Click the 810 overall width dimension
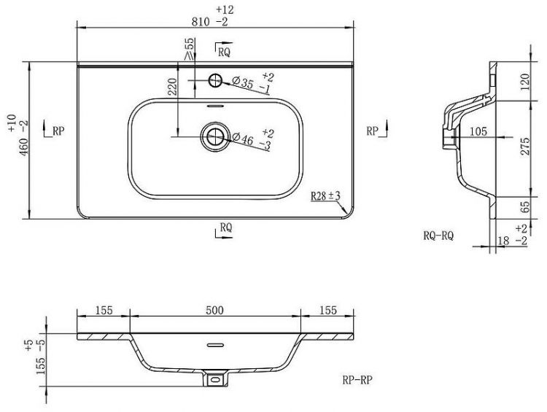tap(201, 22)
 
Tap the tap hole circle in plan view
tap(215, 80)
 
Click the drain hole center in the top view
tap(215, 137)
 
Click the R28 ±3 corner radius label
tap(325, 196)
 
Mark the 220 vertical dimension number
tap(173, 87)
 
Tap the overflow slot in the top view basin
tap(215, 105)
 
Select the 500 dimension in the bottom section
tap(214, 310)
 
